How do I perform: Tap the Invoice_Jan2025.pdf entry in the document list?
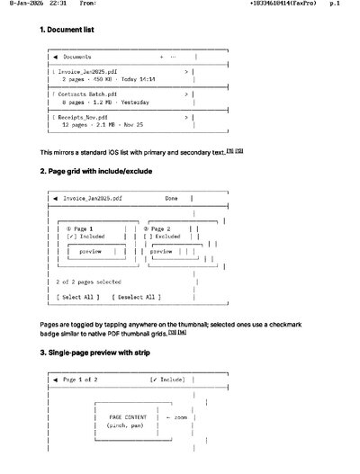coord(85,69)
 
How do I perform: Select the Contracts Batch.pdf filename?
coord(86,94)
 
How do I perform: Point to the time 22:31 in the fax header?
coord(58,4)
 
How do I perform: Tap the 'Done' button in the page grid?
coord(172,199)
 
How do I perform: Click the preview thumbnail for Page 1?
coord(90,252)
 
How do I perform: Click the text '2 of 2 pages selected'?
coord(88,282)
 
